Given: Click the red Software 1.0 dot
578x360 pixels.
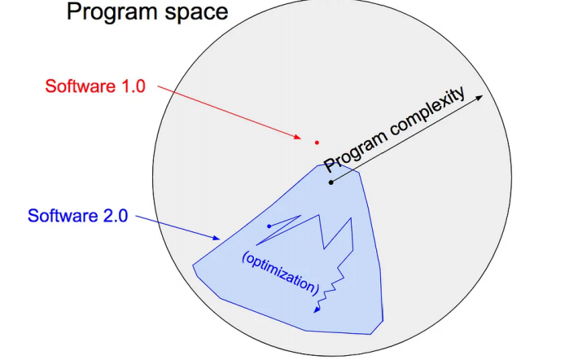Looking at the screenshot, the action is pyautogui.click(x=317, y=143).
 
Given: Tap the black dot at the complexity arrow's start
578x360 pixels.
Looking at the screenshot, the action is pyautogui.click(x=331, y=182).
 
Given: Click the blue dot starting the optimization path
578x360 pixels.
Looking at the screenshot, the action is pyautogui.click(x=269, y=226).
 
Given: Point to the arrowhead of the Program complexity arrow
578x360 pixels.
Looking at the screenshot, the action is pyautogui.click(x=479, y=98).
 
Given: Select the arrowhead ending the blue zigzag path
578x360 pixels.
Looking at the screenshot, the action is pyautogui.click(x=317, y=310).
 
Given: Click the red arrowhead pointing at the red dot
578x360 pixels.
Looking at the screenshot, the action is pyautogui.click(x=297, y=137).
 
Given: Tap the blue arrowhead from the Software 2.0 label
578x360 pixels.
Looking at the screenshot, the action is pyautogui.click(x=217, y=238).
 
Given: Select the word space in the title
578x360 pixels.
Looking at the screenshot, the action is pyautogui.click(x=196, y=13).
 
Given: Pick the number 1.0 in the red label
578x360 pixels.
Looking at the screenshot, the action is pyautogui.click(x=133, y=86).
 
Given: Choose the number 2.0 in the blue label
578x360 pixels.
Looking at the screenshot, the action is pyautogui.click(x=116, y=216).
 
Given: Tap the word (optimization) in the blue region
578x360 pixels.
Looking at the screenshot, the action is pyautogui.click(x=281, y=273).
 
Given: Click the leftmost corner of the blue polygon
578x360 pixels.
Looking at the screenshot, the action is pyautogui.click(x=193, y=265).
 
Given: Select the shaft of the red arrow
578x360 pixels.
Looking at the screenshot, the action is pyautogui.click(x=228, y=112).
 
